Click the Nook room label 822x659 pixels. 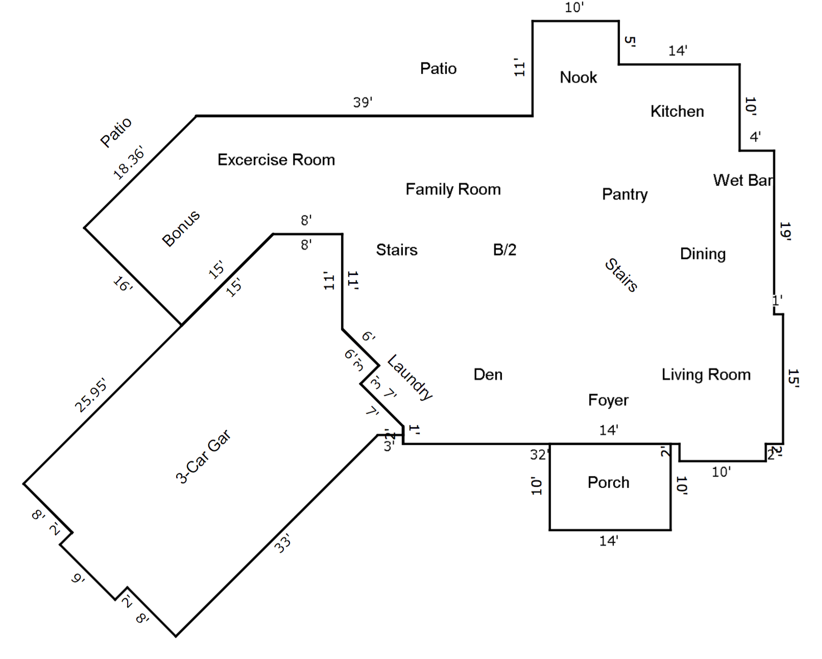(578, 78)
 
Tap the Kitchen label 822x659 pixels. (677, 111)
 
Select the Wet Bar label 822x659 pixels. (743, 180)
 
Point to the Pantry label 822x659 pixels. (624, 194)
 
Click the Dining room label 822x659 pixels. (703, 254)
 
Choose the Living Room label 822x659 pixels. (706, 375)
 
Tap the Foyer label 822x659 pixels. (608, 400)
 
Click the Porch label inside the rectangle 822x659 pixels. (608, 482)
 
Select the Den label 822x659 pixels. (488, 375)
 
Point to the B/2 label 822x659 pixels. (504, 250)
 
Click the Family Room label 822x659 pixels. (453, 189)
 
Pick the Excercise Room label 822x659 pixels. (276, 160)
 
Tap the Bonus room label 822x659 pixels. (181, 228)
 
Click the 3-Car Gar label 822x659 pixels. (203, 456)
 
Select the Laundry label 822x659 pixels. (410, 377)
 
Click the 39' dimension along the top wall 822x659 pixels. (362, 103)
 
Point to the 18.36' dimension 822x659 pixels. (128, 162)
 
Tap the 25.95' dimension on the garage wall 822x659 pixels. (91, 395)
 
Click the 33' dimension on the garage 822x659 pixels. (282, 543)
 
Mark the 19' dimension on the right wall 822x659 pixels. (785, 231)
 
